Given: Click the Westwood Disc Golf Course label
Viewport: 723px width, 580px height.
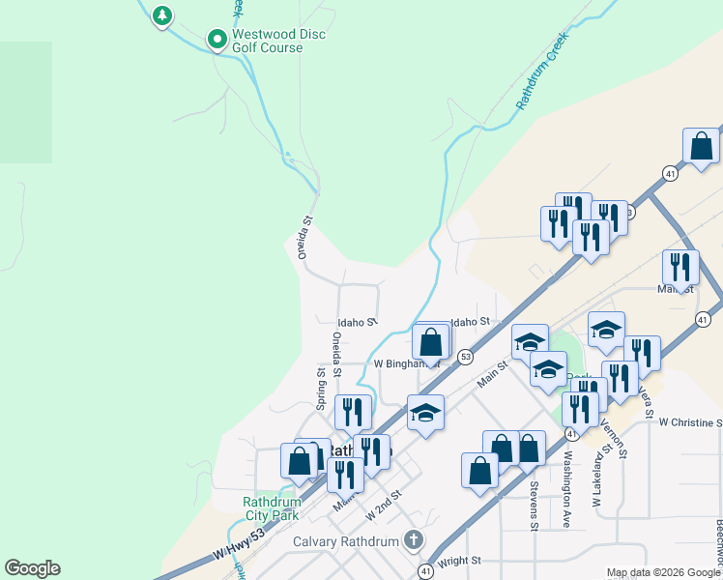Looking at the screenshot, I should point(278,41).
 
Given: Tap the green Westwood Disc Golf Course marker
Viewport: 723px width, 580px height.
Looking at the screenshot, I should point(217,40).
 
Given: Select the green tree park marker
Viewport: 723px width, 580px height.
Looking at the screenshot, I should point(162,15).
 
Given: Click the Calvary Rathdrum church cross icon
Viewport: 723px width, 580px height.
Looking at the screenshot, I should point(414,539).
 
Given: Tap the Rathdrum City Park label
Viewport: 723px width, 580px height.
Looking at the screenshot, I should point(270,509).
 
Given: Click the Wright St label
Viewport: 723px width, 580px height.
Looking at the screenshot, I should point(459,560).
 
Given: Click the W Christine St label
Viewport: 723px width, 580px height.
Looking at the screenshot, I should point(690,422).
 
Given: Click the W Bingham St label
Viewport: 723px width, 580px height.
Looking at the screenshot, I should point(406,364).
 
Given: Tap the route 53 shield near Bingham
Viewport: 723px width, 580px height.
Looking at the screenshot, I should point(464,356).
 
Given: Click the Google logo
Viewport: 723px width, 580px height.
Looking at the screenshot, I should point(33,568).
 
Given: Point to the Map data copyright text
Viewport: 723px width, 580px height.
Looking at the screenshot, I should point(663,572).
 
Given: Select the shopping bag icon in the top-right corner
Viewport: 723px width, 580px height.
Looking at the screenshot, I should point(701,146).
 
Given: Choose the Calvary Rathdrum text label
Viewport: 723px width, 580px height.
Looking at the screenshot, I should point(346,541).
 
